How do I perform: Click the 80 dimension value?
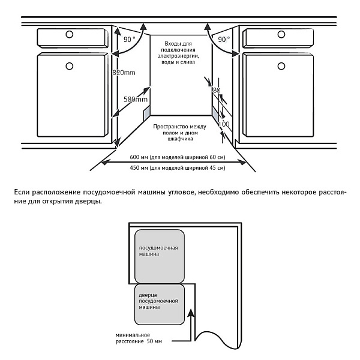(217, 90)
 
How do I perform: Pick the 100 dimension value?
(224, 124)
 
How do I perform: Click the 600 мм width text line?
(178, 157)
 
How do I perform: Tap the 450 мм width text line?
(178, 168)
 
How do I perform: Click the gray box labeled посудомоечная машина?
(158, 255)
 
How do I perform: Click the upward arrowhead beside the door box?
(191, 311)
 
